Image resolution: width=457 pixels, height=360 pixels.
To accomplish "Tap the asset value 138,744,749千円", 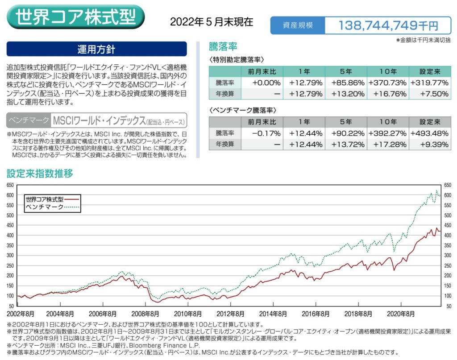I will pyautogui.click(x=388, y=25).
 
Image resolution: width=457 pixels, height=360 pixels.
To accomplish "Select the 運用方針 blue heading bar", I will pyautogui.click(x=96, y=49).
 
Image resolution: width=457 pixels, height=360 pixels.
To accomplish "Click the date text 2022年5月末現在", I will pyautogui.click(x=212, y=21).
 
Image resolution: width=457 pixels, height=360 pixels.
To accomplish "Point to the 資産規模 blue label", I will pyautogui.click(x=298, y=25).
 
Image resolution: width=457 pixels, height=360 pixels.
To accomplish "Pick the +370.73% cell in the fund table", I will pyautogui.click(x=387, y=83).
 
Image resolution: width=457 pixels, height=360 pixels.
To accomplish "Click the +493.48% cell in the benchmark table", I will pyautogui.click(x=429, y=133).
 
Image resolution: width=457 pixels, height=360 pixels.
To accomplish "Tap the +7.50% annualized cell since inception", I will pyautogui.click(x=429, y=94).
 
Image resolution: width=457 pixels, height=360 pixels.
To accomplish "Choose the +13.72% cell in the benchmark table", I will pyautogui.click(x=346, y=144).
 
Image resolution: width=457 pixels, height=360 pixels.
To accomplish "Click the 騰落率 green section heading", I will pyautogui.click(x=223, y=46).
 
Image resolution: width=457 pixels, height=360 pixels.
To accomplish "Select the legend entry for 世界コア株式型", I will pyautogui.click(x=45, y=199).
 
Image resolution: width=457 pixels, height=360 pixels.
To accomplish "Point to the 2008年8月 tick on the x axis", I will pyautogui.click(x=145, y=314).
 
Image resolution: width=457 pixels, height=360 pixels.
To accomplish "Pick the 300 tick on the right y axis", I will pyautogui.click(x=448, y=255).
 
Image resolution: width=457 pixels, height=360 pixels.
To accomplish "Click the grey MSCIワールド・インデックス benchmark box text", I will pyautogui.click(x=98, y=120).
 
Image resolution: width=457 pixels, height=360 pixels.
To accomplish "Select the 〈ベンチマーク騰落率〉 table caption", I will pyautogui.click(x=237, y=109).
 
